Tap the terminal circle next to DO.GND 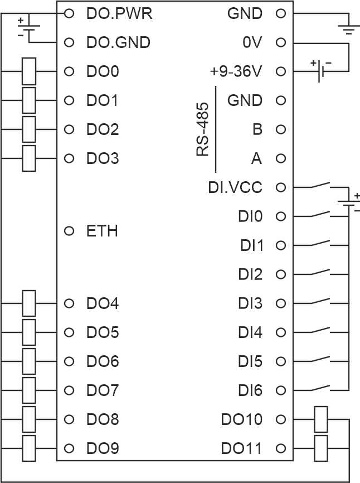coord(69,42)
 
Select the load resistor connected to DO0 coord(29,71)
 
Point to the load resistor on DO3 coord(29,158)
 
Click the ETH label coord(103,231)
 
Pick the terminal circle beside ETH coord(69,231)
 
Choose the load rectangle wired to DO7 coord(29,390)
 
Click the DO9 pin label coord(103,448)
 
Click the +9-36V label coord(236,71)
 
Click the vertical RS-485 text coord(203,129)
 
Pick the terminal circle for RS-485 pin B coord(281,129)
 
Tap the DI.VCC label coord(235,187)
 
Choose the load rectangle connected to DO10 coord(320,419)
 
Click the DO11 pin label coord(241,448)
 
